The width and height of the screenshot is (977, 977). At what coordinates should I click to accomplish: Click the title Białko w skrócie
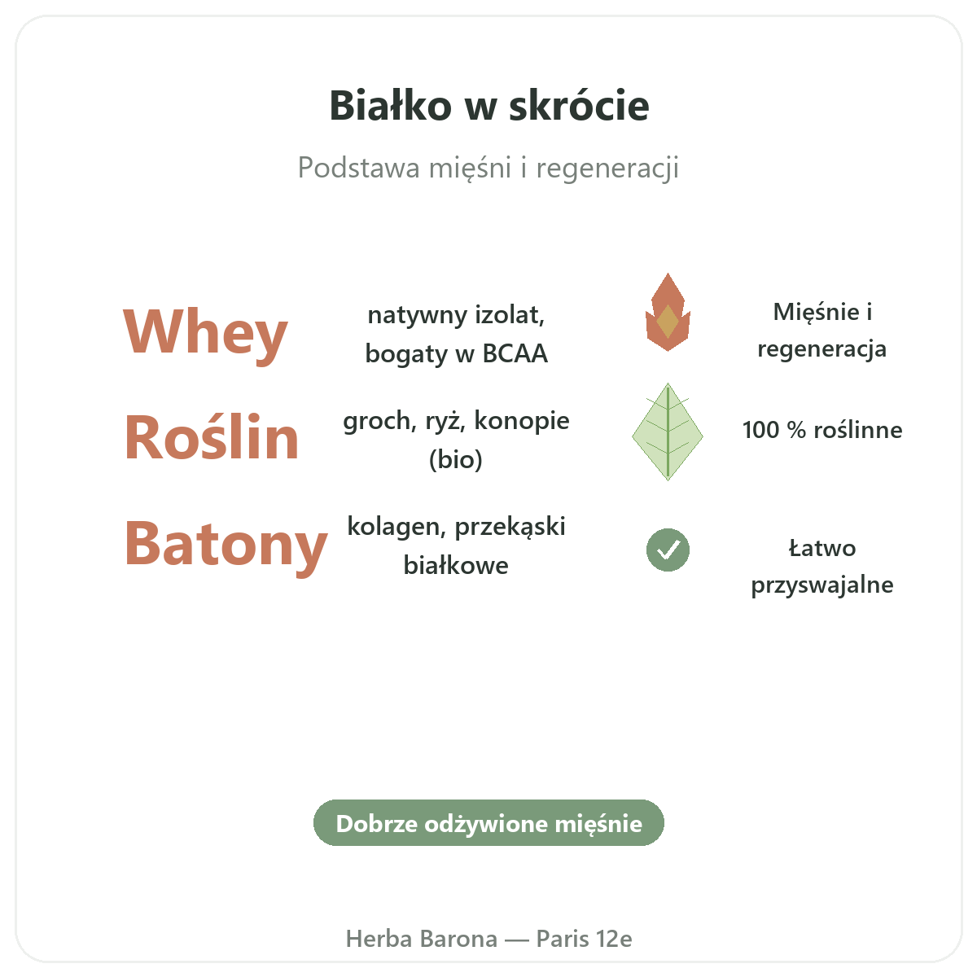coord(488,106)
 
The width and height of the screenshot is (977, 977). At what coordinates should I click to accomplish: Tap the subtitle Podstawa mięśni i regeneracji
coord(488,168)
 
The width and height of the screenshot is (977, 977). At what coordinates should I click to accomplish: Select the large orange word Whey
coord(205,334)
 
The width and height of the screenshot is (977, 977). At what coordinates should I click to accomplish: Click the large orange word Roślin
coord(212,437)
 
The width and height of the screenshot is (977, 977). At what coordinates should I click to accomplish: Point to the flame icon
coord(668,312)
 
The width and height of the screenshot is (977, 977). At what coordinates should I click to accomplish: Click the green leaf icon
coord(668,432)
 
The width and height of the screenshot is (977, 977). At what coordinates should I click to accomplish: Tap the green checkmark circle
coord(668,550)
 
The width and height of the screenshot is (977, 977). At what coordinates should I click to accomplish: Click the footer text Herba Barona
coord(421,939)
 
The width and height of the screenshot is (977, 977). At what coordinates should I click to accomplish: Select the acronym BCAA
coord(515,353)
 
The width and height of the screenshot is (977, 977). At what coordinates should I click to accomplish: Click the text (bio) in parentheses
coord(456,460)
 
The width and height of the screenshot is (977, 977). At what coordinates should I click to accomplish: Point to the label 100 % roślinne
coord(821,430)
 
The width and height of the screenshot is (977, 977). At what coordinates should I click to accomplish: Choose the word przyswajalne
coord(821,585)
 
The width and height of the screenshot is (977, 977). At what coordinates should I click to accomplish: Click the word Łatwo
coord(821,548)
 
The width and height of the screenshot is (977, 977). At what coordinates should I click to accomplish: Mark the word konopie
coord(522,421)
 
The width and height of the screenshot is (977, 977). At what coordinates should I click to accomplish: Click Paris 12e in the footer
coord(584,939)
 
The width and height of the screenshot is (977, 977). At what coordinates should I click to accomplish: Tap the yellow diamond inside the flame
coord(668,321)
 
